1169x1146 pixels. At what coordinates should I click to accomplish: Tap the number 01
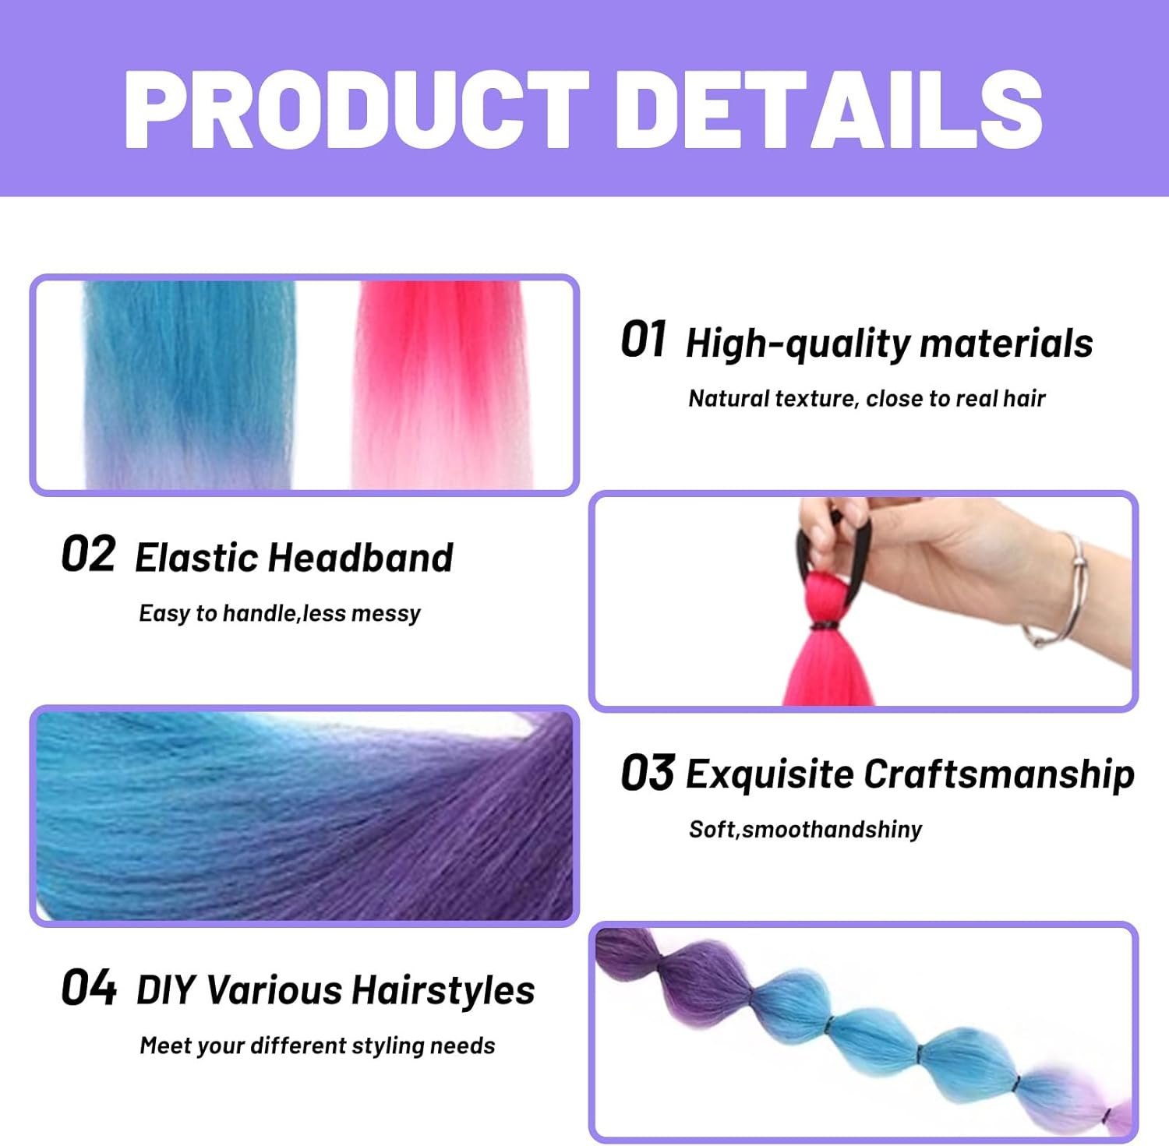pos(643,340)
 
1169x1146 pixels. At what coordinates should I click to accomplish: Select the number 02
pos(88,555)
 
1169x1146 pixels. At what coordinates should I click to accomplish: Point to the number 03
pos(647,773)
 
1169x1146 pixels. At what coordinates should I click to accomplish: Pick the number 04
pos(89,988)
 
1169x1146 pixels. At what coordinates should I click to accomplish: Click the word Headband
pos(361,558)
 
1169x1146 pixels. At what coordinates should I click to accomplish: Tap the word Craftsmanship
pos(998,774)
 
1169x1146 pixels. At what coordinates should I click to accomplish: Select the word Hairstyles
pos(443,990)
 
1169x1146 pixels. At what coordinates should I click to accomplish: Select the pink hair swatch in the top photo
pos(441,374)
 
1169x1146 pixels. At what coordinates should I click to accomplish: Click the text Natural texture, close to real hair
pos(866,399)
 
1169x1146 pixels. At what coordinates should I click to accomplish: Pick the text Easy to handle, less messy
pos(279,614)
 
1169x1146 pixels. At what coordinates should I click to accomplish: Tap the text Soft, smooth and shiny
pos(805,830)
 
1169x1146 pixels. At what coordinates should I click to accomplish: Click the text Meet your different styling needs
pos(317,1046)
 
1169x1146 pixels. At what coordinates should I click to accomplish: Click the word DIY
pos(165,990)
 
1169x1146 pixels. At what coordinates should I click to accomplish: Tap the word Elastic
pos(196,558)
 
